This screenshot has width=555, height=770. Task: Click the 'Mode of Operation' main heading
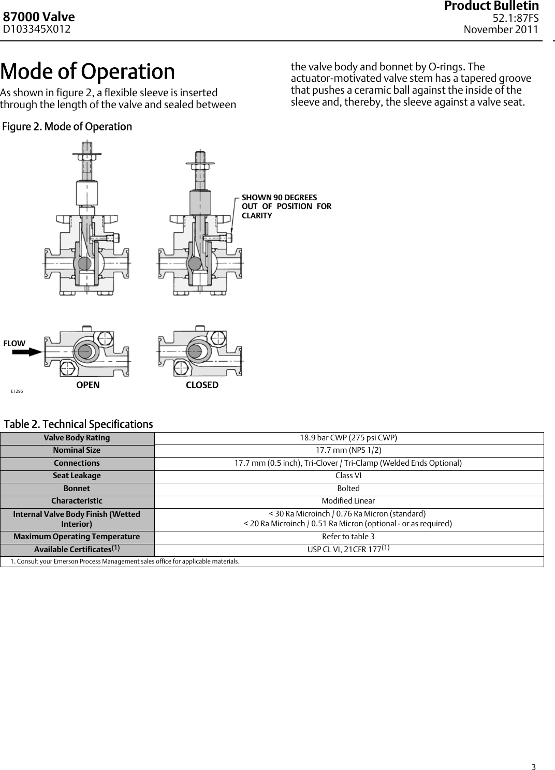(x=87, y=71)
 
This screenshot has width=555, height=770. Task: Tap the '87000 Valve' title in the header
(x=39, y=17)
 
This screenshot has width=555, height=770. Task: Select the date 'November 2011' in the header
(x=501, y=29)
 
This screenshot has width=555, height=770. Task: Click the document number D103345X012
(x=37, y=29)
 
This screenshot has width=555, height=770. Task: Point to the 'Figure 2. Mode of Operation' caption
(x=67, y=127)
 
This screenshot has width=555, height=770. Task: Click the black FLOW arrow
(x=27, y=352)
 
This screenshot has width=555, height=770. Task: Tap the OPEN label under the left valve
(x=88, y=385)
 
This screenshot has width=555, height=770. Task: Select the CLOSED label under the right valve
(x=202, y=385)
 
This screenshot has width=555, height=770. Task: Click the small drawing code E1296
(x=17, y=391)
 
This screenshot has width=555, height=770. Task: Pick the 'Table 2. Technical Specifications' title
(x=79, y=424)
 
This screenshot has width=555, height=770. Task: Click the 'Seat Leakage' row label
(x=77, y=476)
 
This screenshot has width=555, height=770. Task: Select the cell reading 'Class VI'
(x=348, y=476)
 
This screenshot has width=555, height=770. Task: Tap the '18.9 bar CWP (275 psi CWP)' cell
(x=348, y=438)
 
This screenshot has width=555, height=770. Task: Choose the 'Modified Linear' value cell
(x=348, y=501)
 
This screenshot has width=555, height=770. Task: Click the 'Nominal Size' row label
(x=77, y=450)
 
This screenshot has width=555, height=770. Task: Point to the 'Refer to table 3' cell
(x=348, y=537)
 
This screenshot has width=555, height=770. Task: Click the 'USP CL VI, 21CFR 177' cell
(x=348, y=549)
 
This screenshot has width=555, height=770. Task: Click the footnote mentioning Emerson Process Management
(x=125, y=561)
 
